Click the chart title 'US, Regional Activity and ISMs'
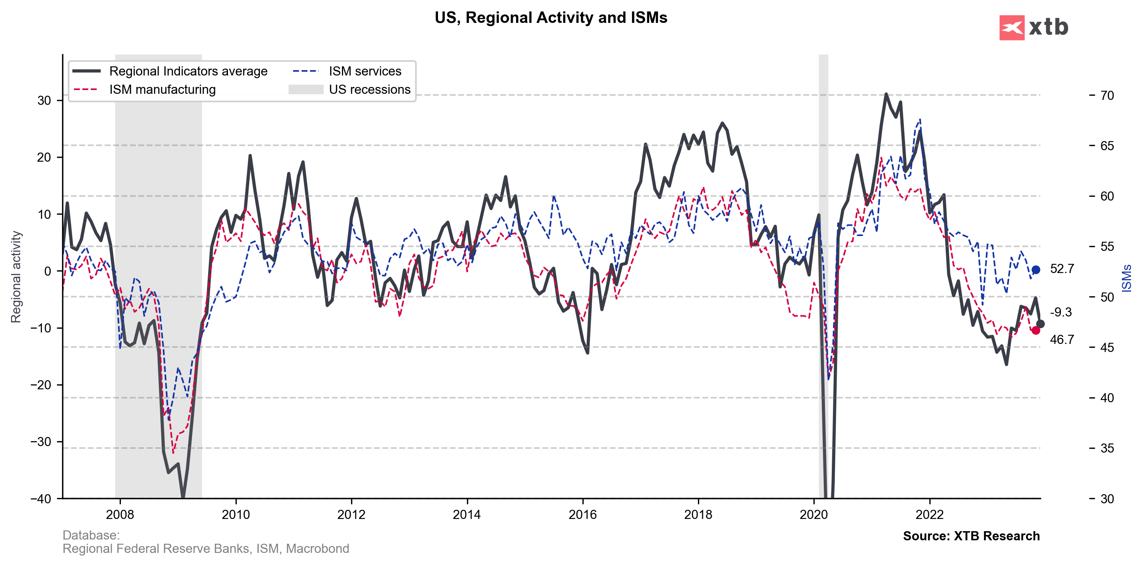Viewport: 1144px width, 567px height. [x=551, y=18]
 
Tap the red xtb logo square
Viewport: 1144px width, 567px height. [x=1012, y=27]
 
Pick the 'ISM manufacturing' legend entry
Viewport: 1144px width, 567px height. [x=162, y=89]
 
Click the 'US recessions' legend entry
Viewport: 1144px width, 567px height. [x=369, y=89]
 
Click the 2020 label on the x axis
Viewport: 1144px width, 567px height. [x=813, y=514]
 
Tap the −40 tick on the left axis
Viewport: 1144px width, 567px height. [x=41, y=499]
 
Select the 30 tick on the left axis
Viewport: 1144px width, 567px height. [x=44, y=100]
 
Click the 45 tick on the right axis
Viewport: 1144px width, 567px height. [x=1107, y=347]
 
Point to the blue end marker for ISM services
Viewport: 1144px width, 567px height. [x=1036, y=270]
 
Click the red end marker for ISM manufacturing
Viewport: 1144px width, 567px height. [x=1036, y=330]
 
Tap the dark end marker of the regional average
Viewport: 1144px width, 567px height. [x=1040, y=324]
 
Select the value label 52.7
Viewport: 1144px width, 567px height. [x=1062, y=269]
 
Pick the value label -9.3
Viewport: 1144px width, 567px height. [x=1061, y=312]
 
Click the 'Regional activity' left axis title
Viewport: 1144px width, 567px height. [x=16, y=276]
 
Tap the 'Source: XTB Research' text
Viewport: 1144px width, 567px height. [x=971, y=536]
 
